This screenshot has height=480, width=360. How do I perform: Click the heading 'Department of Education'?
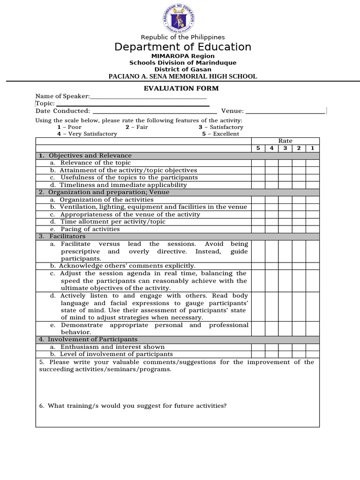(183, 47)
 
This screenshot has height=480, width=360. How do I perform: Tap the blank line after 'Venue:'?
(285, 111)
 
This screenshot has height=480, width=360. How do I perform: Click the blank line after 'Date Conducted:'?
(154, 111)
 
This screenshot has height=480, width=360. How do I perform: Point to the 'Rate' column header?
(285, 141)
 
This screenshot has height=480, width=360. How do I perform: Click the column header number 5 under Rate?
(258, 148)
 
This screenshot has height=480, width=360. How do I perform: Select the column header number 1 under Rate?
(312, 148)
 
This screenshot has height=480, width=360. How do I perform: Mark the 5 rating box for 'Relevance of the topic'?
(258, 163)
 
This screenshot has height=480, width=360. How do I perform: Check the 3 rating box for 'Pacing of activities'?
(285, 229)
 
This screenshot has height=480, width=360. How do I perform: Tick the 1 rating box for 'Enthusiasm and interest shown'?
(312, 347)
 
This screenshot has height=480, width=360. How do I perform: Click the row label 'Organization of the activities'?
(106, 200)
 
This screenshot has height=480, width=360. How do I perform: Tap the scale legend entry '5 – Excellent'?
(220, 134)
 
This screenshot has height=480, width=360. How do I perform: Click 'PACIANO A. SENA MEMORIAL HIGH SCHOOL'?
(183, 76)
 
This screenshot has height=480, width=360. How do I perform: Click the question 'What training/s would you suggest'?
(133, 405)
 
